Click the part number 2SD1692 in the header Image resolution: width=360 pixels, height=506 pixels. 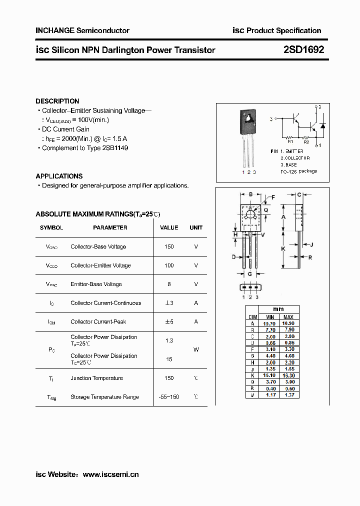[303, 49]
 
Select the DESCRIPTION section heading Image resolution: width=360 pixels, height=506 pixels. [57, 101]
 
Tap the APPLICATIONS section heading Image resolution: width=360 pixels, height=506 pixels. [59, 176]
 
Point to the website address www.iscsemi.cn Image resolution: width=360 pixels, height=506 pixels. [110, 474]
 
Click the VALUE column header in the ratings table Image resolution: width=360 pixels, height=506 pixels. [169, 227]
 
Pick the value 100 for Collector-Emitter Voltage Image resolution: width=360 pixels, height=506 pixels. [169, 265]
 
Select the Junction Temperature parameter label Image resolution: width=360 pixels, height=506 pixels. [96, 378]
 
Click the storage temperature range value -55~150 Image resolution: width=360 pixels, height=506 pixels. [169, 397]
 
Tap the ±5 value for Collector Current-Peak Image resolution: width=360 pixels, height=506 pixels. [169, 321]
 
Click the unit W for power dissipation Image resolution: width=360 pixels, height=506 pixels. [196, 349]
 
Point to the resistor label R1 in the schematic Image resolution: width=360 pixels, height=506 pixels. [289, 142]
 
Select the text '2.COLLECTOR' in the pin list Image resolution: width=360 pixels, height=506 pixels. [295, 157]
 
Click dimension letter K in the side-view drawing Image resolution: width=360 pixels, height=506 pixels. [283, 248]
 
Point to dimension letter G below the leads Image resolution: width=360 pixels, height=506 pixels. [249, 274]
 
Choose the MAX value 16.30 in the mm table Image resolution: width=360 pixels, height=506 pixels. [288, 374]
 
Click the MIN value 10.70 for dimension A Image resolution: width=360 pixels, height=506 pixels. [269, 323]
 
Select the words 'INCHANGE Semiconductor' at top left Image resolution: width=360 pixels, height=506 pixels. [82, 30]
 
